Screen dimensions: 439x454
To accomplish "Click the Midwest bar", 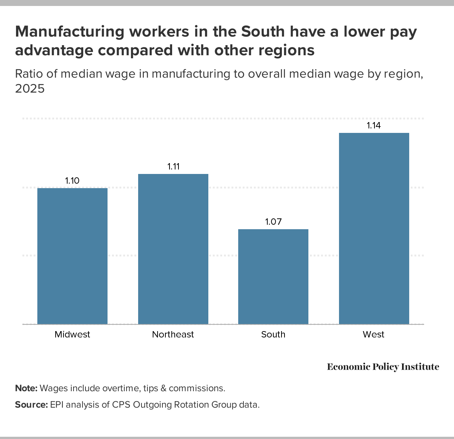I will [x=72, y=256].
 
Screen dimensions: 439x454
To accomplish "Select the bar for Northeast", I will [x=173, y=249].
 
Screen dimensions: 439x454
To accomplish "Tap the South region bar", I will [x=273, y=276].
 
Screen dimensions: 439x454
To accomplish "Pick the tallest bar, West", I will [x=374, y=228].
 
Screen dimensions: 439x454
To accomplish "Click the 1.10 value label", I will [x=72, y=181].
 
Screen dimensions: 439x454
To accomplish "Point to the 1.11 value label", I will [x=173, y=166].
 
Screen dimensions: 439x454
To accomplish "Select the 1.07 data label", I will [x=273, y=222].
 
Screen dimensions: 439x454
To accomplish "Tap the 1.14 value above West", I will [x=374, y=125].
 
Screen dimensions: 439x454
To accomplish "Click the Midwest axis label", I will [x=72, y=334].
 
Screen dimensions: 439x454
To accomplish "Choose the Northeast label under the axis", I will [x=173, y=334].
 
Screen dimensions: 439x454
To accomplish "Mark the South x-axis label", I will [x=273, y=334].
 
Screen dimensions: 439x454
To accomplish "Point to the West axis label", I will [x=373, y=334].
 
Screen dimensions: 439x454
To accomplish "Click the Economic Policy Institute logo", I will [x=383, y=367].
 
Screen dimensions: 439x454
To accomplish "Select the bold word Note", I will [x=26, y=388].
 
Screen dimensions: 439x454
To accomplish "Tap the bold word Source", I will [x=31, y=405].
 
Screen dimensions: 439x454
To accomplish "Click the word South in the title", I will [x=262, y=32].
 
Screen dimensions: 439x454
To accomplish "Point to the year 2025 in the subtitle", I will [x=30, y=89].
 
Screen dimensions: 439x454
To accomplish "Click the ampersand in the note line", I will [x=163, y=388].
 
